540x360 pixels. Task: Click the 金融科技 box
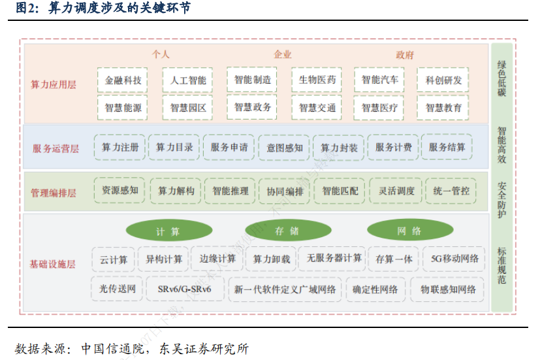(123, 80)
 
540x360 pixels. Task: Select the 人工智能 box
(188, 80)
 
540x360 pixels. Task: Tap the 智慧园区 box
(188, 108)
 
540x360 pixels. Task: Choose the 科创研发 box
(444, 80)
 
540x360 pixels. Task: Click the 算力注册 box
(120, 148)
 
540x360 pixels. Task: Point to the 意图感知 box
(285, 148)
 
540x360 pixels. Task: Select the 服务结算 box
(447, 148)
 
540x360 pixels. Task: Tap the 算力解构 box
(176, 191)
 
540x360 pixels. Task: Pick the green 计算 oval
(168, 231)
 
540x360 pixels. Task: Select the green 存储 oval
(287, 231)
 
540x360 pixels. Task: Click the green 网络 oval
(409, 231)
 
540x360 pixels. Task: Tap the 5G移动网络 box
(455, 259)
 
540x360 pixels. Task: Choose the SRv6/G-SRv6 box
(184, 289)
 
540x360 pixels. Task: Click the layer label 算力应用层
(54, 85)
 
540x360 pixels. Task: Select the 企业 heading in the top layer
(283, 55)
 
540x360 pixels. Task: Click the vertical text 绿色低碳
(501, 78)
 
